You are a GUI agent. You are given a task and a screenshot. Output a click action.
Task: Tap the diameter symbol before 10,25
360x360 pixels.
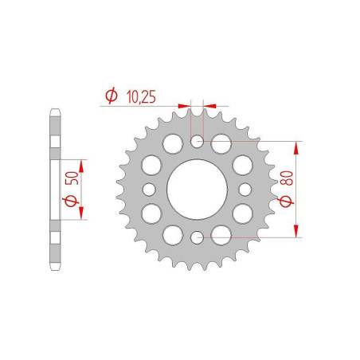[x=111, y=96]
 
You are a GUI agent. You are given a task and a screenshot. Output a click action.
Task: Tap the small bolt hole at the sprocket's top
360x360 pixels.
[x=197, y=143]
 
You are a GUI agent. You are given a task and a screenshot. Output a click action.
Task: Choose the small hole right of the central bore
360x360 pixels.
[x=244, y=190]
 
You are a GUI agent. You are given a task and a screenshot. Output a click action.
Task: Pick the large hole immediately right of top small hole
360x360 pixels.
[x=221, y=144]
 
